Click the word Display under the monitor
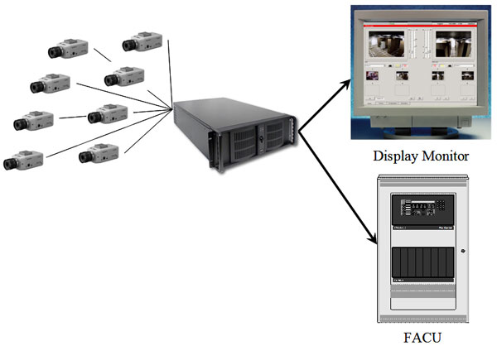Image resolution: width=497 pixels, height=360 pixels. point(395,155)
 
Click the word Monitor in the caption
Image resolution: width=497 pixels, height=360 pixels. point(446,155)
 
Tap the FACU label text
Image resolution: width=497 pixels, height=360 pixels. point(422,338)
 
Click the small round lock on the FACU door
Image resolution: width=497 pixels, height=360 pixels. point(464,251)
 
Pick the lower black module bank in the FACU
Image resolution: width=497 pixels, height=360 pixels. point(422,265)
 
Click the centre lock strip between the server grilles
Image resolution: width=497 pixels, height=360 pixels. point(259,141)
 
